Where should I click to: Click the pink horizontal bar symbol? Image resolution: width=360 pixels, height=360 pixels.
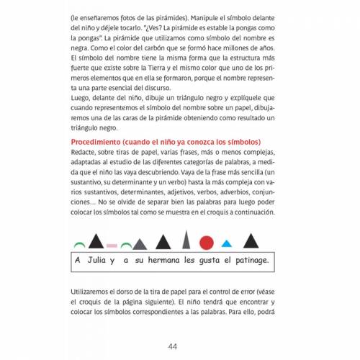click(113, 245)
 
